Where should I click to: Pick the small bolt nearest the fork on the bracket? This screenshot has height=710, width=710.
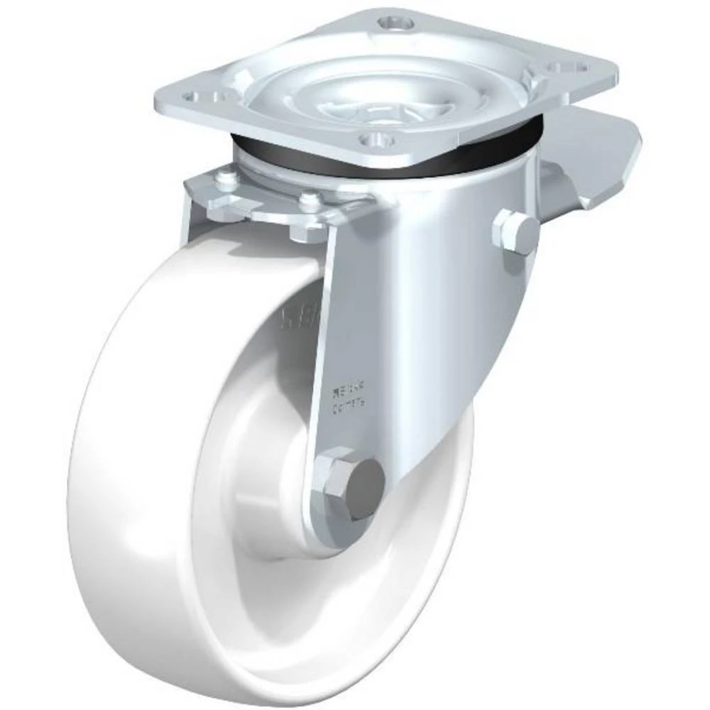point(308,202)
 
